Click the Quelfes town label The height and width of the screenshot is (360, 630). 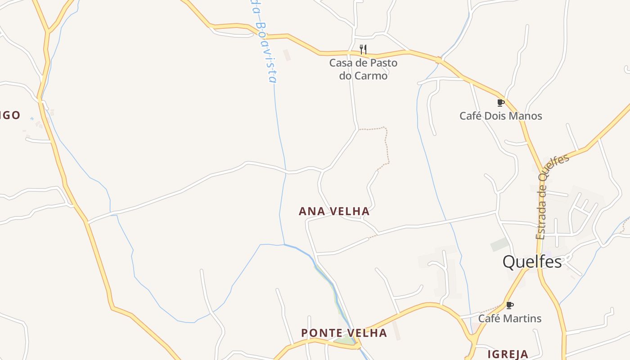[x=532, y=261]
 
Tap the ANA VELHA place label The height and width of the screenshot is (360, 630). [x=334, y=211]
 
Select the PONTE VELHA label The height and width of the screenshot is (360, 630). [x=344, y=333]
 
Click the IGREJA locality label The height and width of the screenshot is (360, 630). [x=508, y=354]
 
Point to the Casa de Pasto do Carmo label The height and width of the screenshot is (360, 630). [x=363, y=69]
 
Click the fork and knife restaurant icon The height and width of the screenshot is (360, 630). [x=363, y=49]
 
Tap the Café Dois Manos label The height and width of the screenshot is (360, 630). [x=500, y=116]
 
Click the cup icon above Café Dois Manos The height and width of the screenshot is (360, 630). [x=500, y=103]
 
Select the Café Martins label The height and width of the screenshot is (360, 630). [x=509, y=318]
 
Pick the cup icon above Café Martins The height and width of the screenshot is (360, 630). [x=509, y=305]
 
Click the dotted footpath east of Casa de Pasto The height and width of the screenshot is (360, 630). [x=386, y=144]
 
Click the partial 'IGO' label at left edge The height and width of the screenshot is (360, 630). [x=10, y=115]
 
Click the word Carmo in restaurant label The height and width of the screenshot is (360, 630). [x=371, y=76]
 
